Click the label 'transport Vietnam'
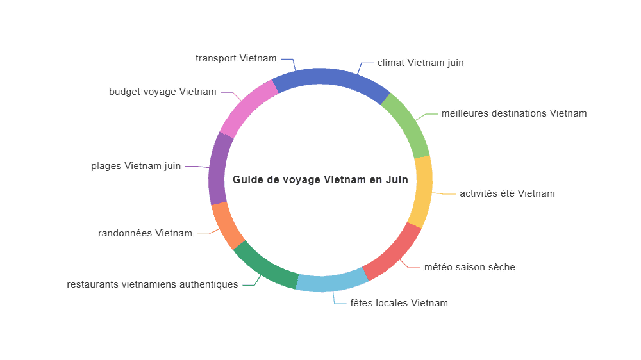(236, 58)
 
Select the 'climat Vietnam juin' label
(420, 63)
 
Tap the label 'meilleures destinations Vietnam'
(514, 113)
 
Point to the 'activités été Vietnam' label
(507, 193)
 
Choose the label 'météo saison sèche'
(470, 267)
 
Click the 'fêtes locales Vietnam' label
(399, 303)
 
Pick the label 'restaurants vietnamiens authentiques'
(153, 284)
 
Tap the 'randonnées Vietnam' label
(145, 233)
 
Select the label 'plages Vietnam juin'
(136, 166)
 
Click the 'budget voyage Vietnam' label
(163, 92)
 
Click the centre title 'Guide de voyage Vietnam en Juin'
(320, 180)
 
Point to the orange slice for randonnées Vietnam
(226, 225)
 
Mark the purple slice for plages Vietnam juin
(217, 169)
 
